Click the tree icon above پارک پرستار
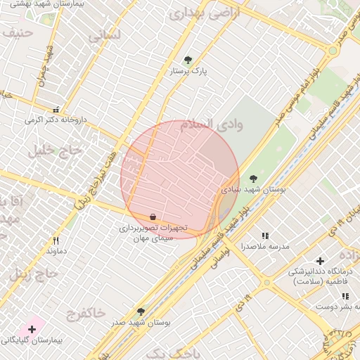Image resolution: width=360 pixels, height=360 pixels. click(187, 60)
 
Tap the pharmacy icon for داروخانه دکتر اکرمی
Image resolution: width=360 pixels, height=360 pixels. click(56, 110)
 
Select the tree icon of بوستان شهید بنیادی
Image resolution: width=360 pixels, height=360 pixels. click(253, 179)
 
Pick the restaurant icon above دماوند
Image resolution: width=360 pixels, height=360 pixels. click(56, 240)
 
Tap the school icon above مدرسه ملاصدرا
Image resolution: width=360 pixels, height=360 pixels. click(265, 236)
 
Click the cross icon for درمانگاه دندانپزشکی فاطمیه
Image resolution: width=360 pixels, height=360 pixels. click(321, 261)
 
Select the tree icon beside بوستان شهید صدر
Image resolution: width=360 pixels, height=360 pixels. click(141, 311)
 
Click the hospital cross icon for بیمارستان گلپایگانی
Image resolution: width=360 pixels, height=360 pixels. click(32, 329)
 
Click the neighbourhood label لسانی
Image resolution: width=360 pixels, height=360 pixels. click(105, 35)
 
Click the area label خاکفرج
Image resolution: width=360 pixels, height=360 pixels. click(85, 311)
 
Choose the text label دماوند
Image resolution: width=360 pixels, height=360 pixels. click(56, 251)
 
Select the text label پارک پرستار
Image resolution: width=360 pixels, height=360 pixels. click(188, 71)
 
